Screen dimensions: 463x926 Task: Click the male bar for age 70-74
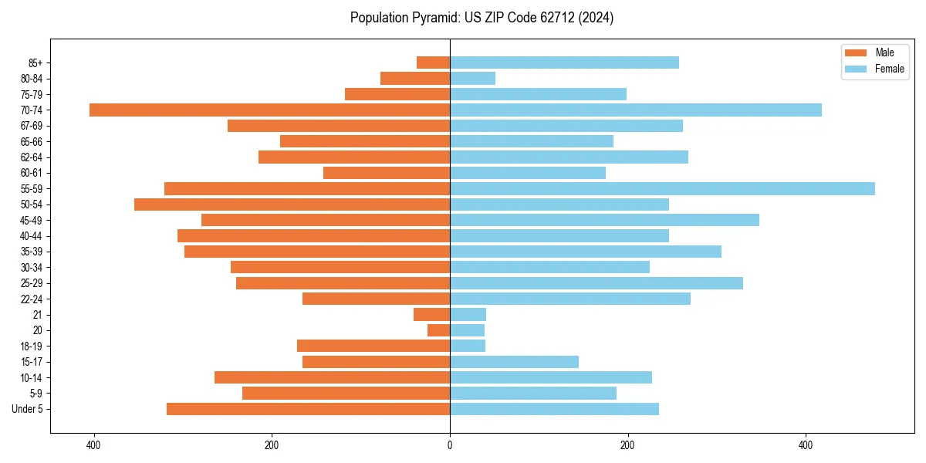tap(269, 110)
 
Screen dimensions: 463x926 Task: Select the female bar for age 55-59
tap(662, 188)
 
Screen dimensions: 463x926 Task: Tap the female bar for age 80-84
tap(472, 78)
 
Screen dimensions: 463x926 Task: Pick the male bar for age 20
tap(439, 330)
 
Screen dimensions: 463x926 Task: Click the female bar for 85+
tap(564, 63)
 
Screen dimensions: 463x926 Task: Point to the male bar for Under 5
tap(308, 409)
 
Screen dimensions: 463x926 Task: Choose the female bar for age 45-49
tap(604, 220)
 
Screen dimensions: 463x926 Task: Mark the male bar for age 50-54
tap(292, 204)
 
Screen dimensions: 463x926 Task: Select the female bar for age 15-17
tap(514, 362)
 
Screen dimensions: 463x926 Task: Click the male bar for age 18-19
tap(373, 346)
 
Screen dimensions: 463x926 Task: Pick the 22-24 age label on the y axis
tap(32, 299)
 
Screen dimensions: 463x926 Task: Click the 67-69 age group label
tap(32, 126)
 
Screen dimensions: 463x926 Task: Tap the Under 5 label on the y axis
tap(28, 409)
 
